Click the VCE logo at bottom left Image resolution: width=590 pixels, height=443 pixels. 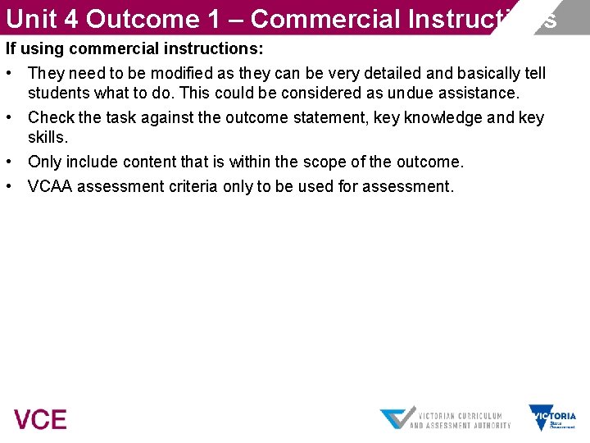pyautogui.click(x=40, y=419)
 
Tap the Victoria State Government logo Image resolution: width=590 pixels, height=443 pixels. pyautogui.click(x=552, y=417)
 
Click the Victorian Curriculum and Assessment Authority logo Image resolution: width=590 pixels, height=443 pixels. pyautogui.click(x=445, y=418)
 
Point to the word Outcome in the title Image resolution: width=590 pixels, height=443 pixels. pyautogui.click(x=152, y=18)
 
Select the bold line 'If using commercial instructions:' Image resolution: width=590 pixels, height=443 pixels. pyautogui.click(x=134, y=48)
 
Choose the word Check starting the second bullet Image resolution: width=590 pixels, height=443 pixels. pyautogui.click(x=50, y=117)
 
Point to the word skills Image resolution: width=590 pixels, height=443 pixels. pyautogui.click(x=48, y=137)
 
